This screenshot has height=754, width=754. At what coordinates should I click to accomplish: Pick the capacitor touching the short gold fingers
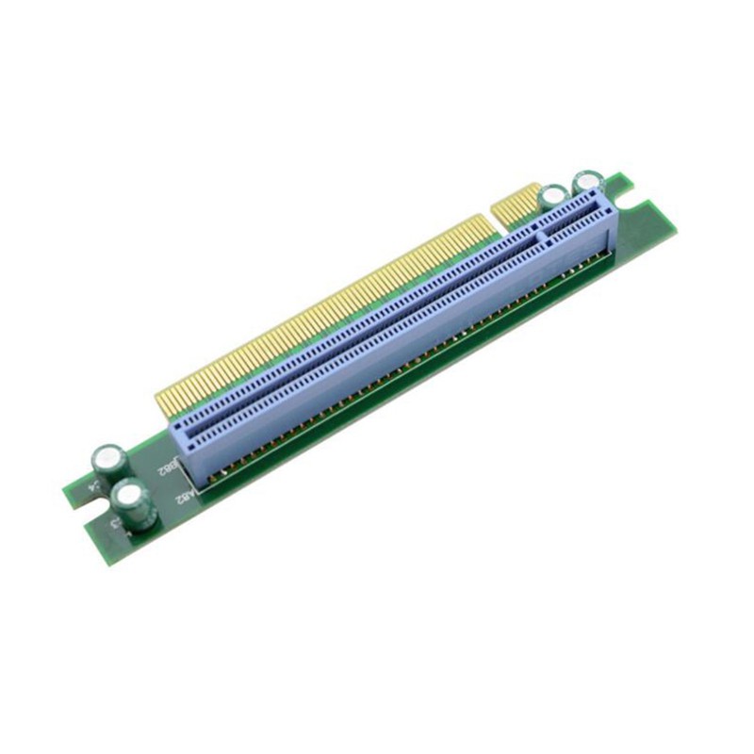[552, 197]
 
